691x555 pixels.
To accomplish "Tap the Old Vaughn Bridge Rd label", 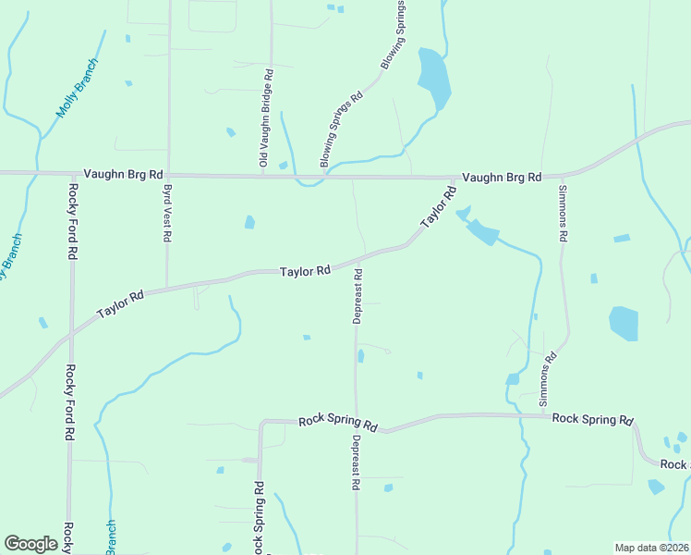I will (266, 118).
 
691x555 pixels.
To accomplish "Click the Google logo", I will (30, 544).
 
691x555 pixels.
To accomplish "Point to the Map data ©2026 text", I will (651, 548).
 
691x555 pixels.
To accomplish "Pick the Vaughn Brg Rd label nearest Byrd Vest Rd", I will (123, 174).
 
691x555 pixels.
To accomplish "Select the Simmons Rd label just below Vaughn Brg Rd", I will (562, 214).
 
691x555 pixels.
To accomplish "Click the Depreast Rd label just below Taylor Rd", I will (358, 296).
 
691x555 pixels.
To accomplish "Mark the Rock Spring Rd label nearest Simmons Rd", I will (592, 418).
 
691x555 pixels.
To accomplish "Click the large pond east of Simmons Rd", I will (624, 324).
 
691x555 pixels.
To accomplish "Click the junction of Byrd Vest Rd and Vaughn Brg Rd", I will (168, 174).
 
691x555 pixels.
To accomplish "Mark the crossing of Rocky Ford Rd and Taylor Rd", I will (69, 334).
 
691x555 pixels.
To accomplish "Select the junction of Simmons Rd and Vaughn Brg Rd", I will (561, 175).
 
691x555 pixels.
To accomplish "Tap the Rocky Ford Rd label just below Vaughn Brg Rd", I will (71, 222).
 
